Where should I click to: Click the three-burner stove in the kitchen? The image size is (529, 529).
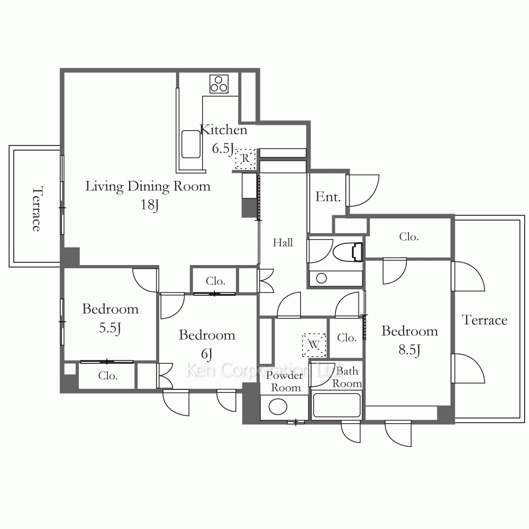coord(219,84)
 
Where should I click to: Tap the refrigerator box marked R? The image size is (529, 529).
coord(245,159)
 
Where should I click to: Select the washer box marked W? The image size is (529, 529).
coord(314,345)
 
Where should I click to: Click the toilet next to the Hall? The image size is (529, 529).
coord(348,251)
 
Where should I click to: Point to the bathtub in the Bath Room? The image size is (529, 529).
coord(336,405)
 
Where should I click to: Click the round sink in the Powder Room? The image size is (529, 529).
coord(278,406)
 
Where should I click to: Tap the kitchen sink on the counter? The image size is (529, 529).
coord(190,144)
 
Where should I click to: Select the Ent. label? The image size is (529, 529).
coord(327,197)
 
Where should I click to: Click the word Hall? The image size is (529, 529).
coord(282,242)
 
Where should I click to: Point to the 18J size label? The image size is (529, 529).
coord(150,205)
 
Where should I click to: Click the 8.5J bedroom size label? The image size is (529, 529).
coord(409,350)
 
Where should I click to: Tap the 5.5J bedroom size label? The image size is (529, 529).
coord(110,328)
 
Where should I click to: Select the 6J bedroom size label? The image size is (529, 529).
coord(206,354)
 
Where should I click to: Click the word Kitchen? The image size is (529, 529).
coord(223,130)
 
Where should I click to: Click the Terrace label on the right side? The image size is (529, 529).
coord(485,320)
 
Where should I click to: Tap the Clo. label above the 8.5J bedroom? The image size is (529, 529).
coord(408,237)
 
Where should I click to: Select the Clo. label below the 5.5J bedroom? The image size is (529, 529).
coord(108,376)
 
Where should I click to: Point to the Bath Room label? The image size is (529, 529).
coord(347,377)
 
